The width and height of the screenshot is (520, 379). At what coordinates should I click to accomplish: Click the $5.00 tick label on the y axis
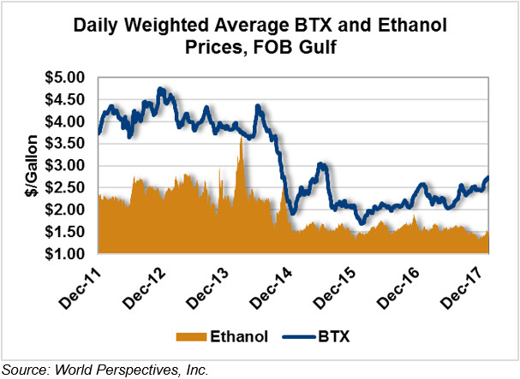pos(66,77)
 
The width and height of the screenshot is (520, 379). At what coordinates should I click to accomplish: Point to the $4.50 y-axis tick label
pos(66,99)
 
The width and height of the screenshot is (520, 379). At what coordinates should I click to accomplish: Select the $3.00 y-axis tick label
pos(66,165)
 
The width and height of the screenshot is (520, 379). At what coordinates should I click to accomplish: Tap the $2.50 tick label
pos(66,187)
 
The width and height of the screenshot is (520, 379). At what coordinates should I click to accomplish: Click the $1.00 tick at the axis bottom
pos(66,254)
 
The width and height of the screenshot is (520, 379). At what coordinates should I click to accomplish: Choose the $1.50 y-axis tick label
pos(66,232)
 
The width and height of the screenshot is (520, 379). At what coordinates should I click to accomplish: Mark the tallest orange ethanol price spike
pos(242,139)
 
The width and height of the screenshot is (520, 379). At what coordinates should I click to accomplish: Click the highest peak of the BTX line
pos(160,89)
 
